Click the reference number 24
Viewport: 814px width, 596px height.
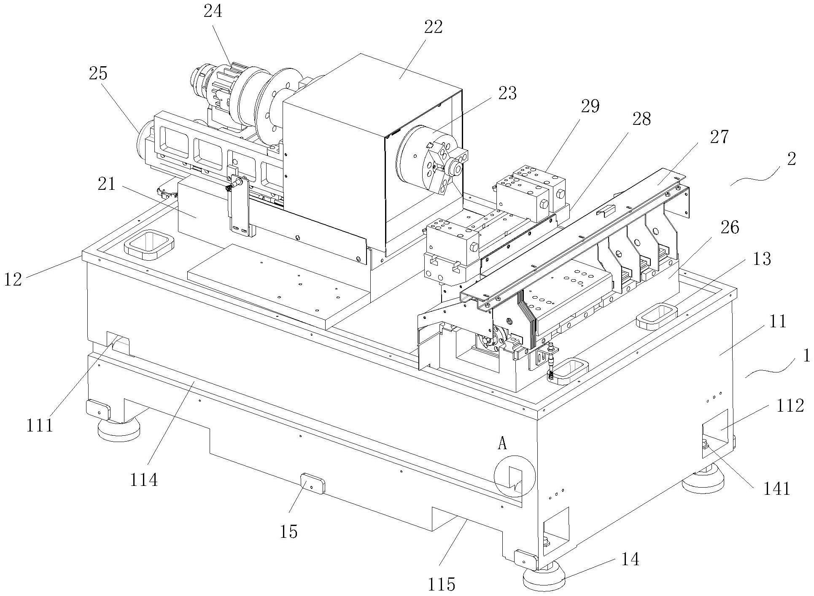[x=213, y=11]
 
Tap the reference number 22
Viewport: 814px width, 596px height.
[x=433, y=27]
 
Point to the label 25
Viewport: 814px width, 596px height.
[x=98, y=73]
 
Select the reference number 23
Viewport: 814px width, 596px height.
[x=507, y=93]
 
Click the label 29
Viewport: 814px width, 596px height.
[x=590, y=106]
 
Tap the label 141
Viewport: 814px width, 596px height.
[x=777, y=488]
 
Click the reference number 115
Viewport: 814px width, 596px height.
[x=442, y=584]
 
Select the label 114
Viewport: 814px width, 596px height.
[x=144, y=480]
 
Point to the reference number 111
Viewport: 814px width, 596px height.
[x=40, y=425]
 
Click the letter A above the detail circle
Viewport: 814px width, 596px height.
[x=502, y=443]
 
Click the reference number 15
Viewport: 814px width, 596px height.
[x=288, y=531]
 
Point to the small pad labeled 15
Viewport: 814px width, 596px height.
[x=313, y=484]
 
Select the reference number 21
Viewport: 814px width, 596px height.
[x=106, y=184]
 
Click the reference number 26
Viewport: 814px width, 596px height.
[x=730, y=228]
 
